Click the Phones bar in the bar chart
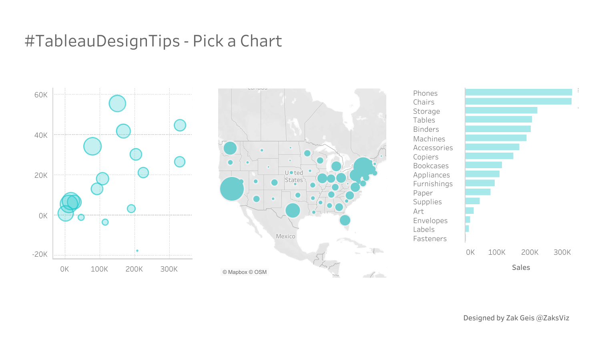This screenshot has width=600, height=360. (x=518, y=93)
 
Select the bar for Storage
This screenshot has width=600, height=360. (x=501, y=111)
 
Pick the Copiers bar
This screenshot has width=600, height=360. (x=489, y=156)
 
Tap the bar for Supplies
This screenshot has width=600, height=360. (x=472, y=201)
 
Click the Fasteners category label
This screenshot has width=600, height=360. (x=430, y=239)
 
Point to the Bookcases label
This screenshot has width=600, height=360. (x=431, y=166)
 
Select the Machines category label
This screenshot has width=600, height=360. (x=429, y=139)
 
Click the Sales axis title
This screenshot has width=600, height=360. (x=521, y=267)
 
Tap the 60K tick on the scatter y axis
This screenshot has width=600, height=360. (x=41, y=95)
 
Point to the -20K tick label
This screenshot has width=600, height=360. (x=40, y=254)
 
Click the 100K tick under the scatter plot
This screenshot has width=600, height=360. (x=99, y=269)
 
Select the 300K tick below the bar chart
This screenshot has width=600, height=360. (x=562, y=252)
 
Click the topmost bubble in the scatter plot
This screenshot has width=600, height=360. (x=117, y=103)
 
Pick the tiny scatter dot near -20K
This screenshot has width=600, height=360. (x=137, y=251)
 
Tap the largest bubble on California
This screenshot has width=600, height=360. (x=232, y=189)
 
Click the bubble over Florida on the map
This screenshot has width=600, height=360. (x=345, y=220)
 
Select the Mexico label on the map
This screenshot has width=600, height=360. (x=285, y=236)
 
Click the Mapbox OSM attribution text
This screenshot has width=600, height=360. (x=245, y=272)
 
